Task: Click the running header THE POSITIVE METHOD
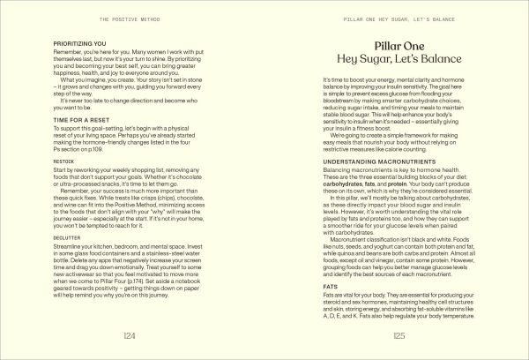point(130,18)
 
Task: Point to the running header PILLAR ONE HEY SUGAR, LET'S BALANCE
point(399,18)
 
